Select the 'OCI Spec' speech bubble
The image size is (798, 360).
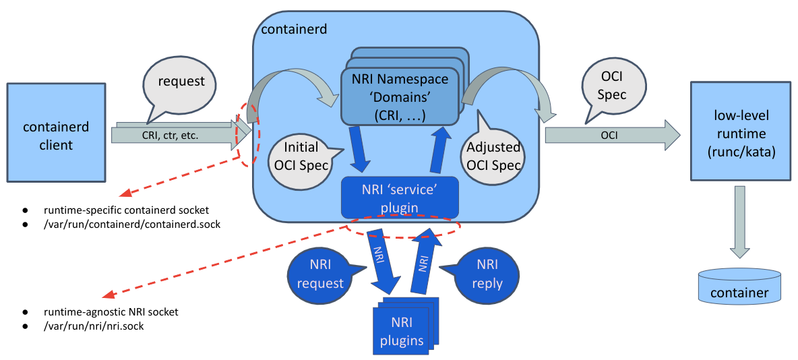(x=612, y=86)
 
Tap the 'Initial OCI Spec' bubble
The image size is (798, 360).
(x=297, y=156)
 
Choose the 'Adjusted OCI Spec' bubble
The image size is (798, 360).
(x=493, y=156)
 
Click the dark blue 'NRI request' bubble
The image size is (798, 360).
(x=320, y=273)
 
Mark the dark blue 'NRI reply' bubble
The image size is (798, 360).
(x=487, y=273)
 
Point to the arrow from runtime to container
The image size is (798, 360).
(x=739, y=222)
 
